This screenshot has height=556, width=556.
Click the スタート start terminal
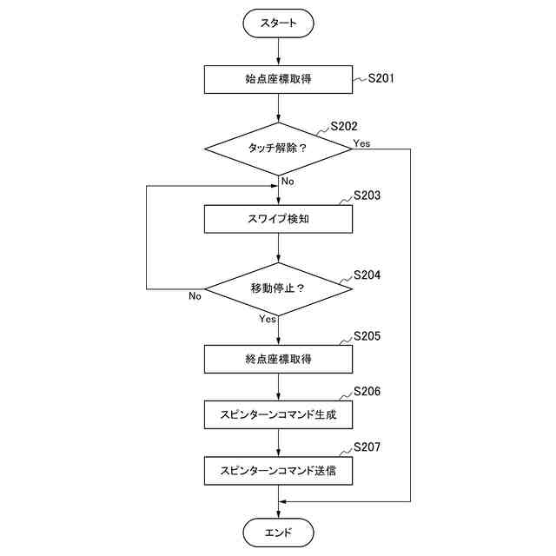(x=278, y=24)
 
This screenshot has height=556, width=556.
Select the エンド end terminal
(x=278, y=531)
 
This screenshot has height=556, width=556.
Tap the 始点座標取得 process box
(x=278, y=80)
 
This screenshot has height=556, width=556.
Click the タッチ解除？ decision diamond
(x=278, y=149)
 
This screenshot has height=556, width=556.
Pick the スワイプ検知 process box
(x=278, y=219)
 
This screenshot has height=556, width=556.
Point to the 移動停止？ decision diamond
(x=278, y=288)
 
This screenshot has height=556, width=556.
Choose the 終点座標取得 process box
(x=278, y=358)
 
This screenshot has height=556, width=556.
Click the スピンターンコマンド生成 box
(x=278, y=415)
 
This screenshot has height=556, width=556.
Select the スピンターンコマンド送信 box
(x=278, y=471)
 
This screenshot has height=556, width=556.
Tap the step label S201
(x=381, y=78)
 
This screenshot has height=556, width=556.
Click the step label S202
(x=343, y=126)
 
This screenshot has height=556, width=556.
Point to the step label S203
(x=367, y=195)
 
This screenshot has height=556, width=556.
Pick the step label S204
(x=367, y=275)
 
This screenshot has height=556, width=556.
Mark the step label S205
(x=367, y=335)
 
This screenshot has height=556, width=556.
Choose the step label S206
(x=367, y=392)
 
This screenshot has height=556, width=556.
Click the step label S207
(x=367, y=447)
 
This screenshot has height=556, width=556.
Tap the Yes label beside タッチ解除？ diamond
(x=362, y=142)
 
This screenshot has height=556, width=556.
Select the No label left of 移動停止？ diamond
(x=195, y=295)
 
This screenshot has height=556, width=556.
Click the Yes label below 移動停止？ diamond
(x=267, y=319)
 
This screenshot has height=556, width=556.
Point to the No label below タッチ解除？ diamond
(x=288, y=181)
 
